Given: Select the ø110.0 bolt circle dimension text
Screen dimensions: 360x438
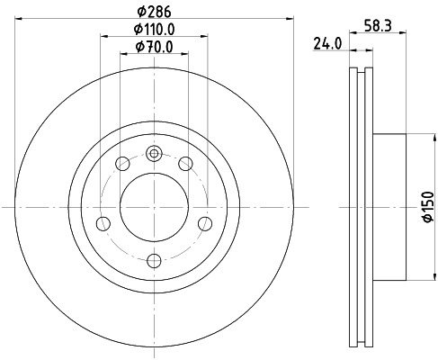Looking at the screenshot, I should click(153, 30).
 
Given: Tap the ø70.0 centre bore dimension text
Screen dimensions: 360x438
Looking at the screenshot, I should click(153, 47).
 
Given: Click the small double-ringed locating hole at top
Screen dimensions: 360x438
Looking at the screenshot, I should click(154, 153).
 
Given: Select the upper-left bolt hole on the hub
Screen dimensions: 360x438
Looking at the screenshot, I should click(122, 163).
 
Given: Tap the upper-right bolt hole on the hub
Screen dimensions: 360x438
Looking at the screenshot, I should click(185, 163).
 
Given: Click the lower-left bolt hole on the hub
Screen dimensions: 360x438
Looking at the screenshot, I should click(103, 223).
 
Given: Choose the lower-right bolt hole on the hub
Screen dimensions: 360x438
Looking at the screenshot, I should click(204, 223).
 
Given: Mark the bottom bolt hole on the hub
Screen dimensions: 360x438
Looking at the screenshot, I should click(154, 260).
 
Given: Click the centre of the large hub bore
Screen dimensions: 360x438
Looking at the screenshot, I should click(154, 206).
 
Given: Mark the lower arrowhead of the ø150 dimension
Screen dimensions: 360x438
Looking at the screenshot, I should click(410, 274).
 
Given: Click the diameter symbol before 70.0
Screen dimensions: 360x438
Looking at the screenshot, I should click(138, 47).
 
